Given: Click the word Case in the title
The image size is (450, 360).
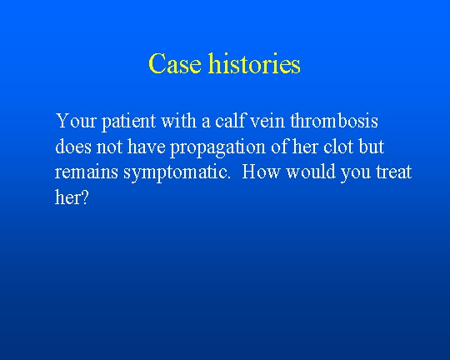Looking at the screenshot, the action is click(175, 63).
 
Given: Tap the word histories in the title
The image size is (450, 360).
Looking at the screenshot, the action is click(254, 62).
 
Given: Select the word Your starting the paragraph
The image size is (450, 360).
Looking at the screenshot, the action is click(76, 121).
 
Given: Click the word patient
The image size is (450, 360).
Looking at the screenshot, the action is click(129, 122).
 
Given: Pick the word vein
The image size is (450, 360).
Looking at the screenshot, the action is click(267, 121).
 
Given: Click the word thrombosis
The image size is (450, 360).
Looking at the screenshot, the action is click(334, 120).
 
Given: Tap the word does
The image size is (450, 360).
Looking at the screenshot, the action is click(73, 146).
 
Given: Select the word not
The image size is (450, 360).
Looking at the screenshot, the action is click(109, 147).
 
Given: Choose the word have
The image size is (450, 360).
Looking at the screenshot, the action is click(147, 146).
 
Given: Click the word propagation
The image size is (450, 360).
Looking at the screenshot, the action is click(217, 147).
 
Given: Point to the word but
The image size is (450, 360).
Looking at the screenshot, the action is click(372, 146).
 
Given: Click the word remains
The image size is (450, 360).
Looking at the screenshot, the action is click(87, 172).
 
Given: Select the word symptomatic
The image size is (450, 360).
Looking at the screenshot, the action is click(177, 173).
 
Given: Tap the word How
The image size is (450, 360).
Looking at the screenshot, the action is click(261, 172).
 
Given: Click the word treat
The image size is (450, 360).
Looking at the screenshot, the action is click(393, 172).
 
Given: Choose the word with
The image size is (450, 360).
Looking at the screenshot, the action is click(178, 120).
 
